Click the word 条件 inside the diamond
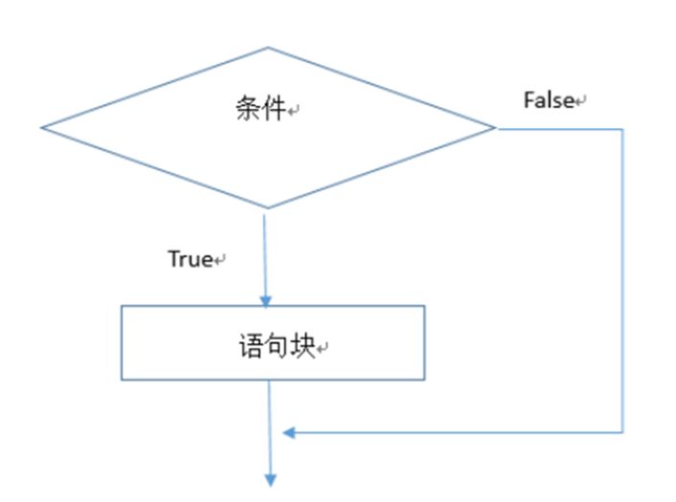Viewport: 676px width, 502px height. tap(259, 109)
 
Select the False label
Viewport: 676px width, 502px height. tap(548, 99)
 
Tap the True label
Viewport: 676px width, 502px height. tap(190, 258)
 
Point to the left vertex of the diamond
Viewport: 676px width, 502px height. tap(41, 127)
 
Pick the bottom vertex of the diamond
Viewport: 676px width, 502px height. tap(265, 208)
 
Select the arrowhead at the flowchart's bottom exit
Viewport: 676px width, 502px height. tap(271, 477)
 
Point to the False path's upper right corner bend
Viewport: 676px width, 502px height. tap(623, 128)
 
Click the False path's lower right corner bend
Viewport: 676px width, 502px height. tap(623, 433)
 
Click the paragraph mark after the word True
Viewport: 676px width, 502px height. tap(219, 260)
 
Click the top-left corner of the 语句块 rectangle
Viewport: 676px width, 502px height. tap(122, 306)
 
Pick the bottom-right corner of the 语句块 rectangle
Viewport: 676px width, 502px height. tap(423, 380)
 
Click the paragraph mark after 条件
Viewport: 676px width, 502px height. tap(295, 113)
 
